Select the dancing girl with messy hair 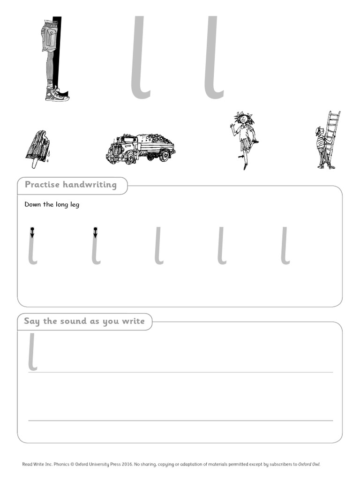point(243,138)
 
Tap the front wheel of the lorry point(130,157)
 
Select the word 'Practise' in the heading point(42,185)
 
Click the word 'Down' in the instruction point(32,205)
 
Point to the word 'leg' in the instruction point(73,205)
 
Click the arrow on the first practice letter point(32,232)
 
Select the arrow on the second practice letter point(95,232)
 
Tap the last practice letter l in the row point(285,246)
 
